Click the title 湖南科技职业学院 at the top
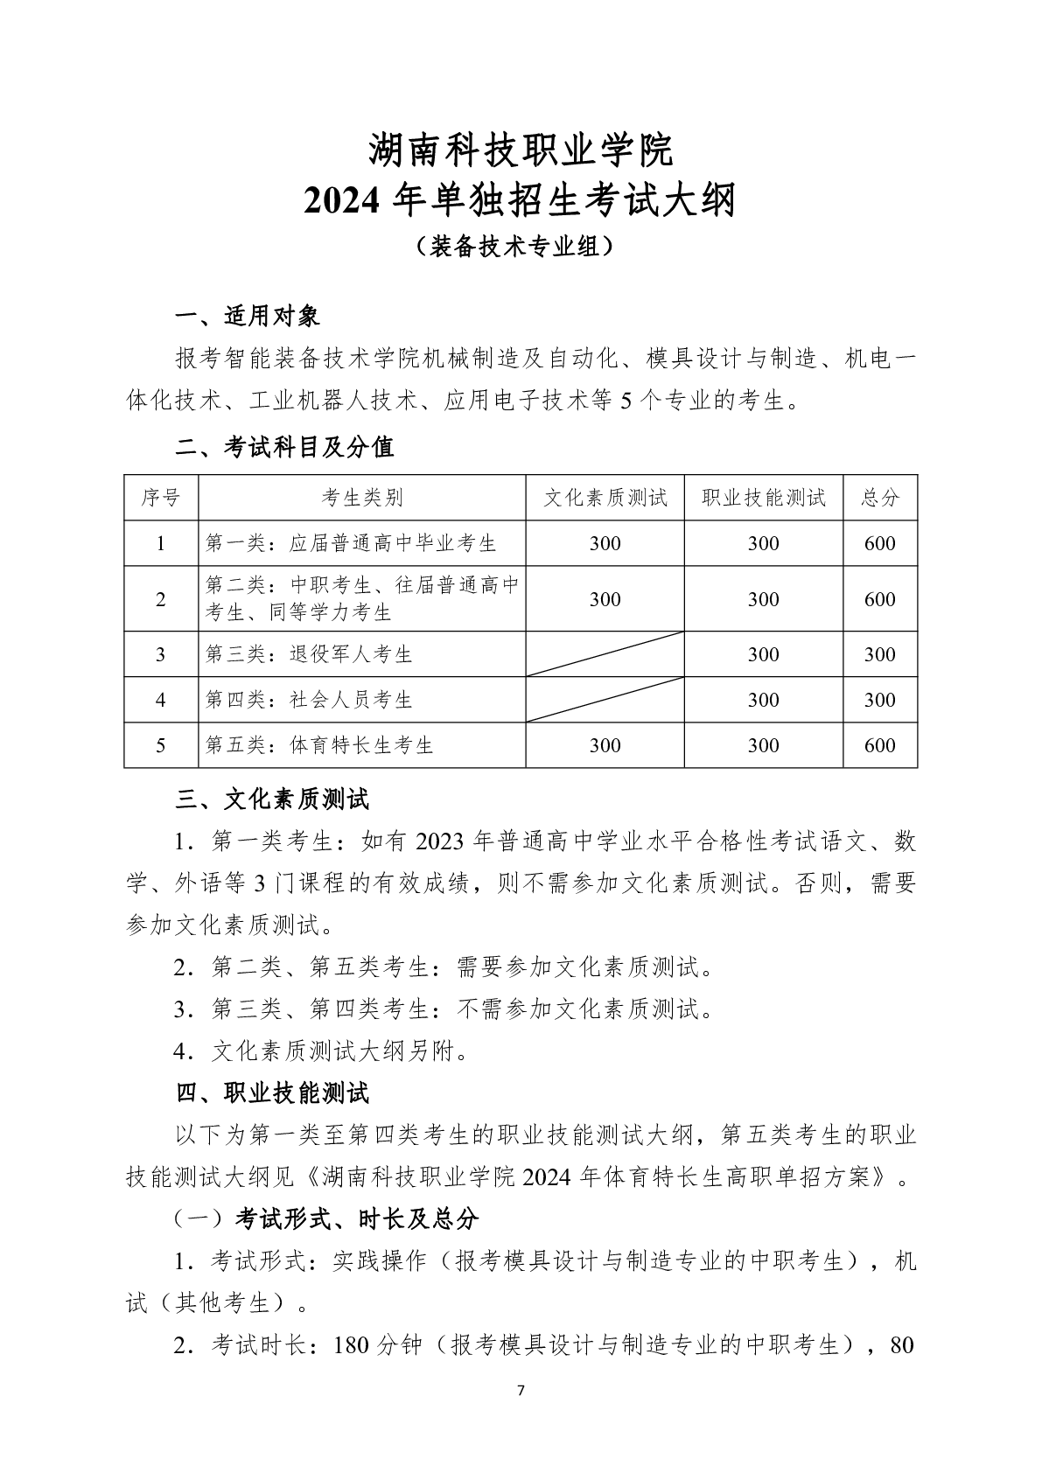(x=521, y=150)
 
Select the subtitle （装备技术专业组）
(x=521, y=247)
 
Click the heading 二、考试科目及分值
(x=285, y=447)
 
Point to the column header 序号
(x=161, y=498)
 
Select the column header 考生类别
(x=361, y=498)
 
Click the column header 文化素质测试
(x=605, y=498)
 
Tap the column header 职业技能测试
(x=763, y=498)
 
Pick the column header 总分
(x=879, y=498)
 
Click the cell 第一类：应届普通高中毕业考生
(x=351, y=543)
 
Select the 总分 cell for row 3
(x=879, y=654)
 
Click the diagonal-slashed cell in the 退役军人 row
(x=605, y=654)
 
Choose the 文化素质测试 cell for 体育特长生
(x=605, y=745)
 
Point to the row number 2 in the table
(x=161, y=599)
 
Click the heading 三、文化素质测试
(x=273, y=799)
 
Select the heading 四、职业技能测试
(x=273, y=1093)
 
